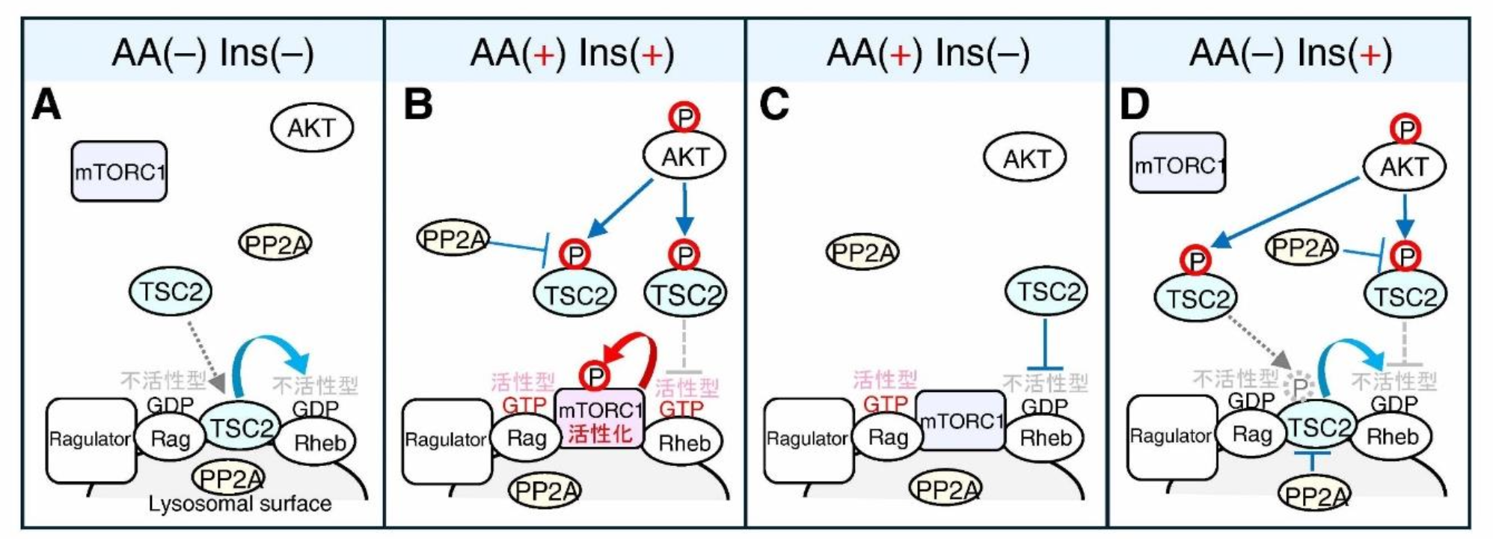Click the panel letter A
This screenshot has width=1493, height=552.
pyautogui.click(x=46, y=105)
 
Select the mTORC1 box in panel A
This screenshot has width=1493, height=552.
pyautogui.click(x=119, y=171)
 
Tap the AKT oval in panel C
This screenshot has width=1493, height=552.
pyautogui.click(x=1025, y=159)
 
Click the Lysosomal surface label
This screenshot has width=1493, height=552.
pyautogui.click(x=240, y=504)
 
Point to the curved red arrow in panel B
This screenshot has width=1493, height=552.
pyautogui.click(x=636, y=352)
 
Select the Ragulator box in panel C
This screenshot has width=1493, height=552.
pyautogui.click(x=808, y=440)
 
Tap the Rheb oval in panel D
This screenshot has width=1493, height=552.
pyautogui.click(x=1391, y=436)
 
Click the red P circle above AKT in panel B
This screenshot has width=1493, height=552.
pyautogui.click(x=684, y=117)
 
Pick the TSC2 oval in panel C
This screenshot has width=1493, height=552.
pyautogui.click(x=1046, y=291)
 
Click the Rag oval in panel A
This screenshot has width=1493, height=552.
pyautogui.click(x=170, y=439)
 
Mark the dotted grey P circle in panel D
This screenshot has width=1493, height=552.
pyautogui.click(x=1299, y=387)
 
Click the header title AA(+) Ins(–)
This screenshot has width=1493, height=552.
pyautogui.click(x=928, y=54)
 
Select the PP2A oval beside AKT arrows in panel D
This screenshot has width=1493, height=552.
pyautogui.click(x=1302, y=248)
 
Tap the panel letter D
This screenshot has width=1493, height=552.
pyautogui.click(x=1134, y=105)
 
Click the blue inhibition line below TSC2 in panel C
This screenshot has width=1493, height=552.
pyautogui.click(x=1044, y=344)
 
